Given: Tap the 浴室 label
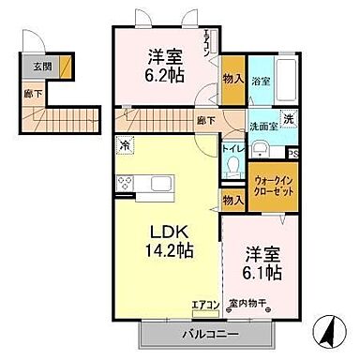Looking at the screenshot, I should tap(262, 82).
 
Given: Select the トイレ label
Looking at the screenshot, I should tap(234, 148).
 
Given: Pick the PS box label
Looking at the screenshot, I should tap(293, 155).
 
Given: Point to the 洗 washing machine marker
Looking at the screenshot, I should tap(290, 118).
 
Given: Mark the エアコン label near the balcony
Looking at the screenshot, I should tap(206, 303).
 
